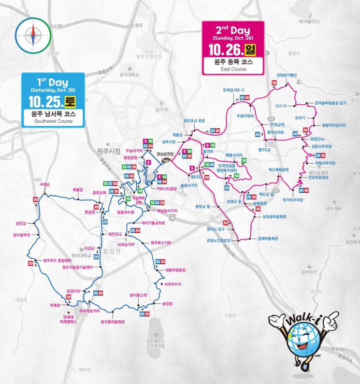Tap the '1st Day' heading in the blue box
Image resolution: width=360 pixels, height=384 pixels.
pyautogui.click(x=53, y=83)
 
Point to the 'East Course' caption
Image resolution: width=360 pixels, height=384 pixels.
pyautogui.click(x=233, y=69)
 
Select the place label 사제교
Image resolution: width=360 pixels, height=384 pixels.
pyautogui.click(x=45, y=184)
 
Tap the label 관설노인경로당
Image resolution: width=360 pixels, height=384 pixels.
pyautogui.click(x=217, y=240)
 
